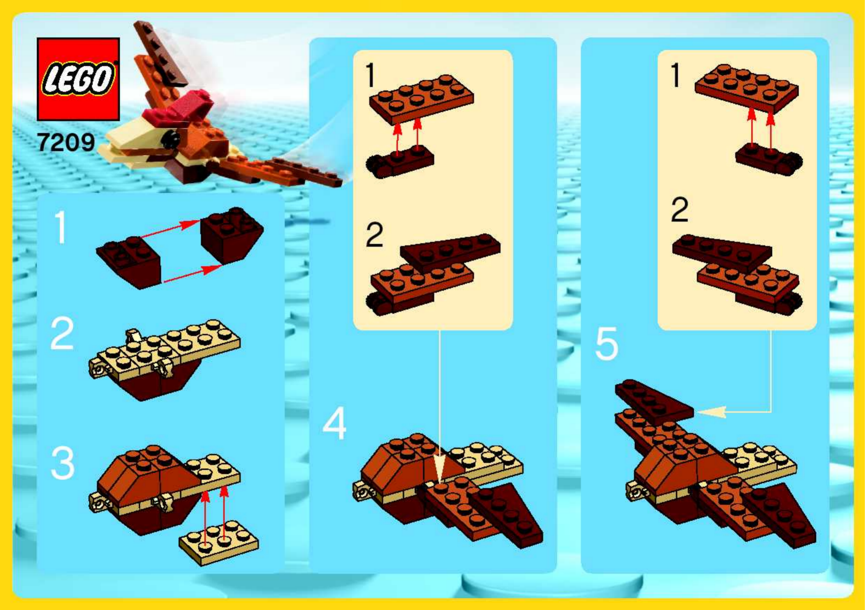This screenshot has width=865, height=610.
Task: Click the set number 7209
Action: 66,143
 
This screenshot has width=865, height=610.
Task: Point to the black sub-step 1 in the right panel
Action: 676,75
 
